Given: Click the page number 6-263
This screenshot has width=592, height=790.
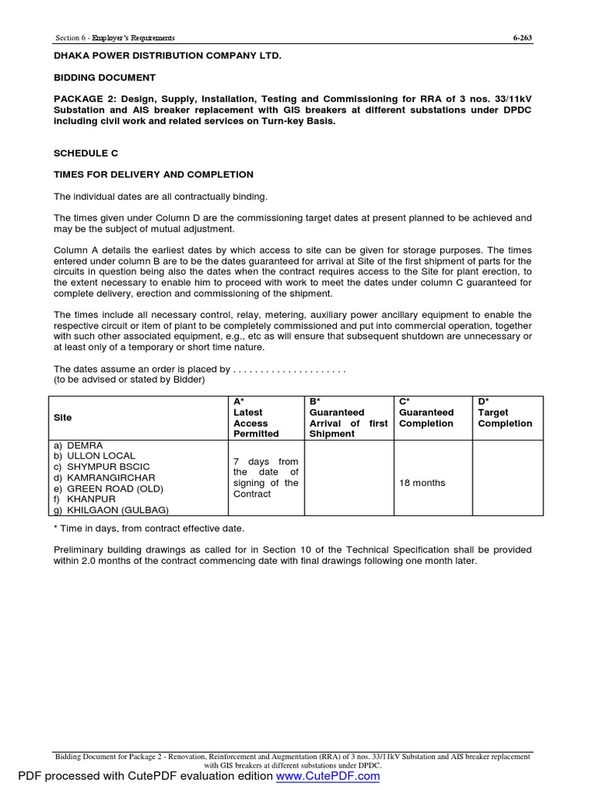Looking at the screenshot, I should tap(523, 38).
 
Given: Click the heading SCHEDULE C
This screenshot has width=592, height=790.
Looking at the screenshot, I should tap(86, 154).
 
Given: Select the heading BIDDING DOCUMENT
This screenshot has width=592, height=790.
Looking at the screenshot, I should tap(104, 78).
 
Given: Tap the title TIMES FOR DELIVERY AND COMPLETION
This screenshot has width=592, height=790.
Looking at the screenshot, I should tap(153, 175).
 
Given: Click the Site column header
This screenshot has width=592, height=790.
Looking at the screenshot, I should tap(62, 417).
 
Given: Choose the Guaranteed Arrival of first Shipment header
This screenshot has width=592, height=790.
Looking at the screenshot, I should tap(348, 417).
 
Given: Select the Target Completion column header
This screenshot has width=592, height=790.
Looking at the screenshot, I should tap(505, 417).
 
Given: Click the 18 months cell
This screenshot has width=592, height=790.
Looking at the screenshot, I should tap(422, 483).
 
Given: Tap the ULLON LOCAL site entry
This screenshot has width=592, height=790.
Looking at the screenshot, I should tap(96, 457).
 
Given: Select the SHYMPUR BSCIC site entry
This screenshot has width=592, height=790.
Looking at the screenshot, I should tap(102, 468).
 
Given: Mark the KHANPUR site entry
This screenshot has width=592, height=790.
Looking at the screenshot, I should tap(85, 499).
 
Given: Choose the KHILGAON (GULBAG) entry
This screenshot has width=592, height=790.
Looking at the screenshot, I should tap(111, 510).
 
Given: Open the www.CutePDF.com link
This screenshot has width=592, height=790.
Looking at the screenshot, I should tap(328, 776).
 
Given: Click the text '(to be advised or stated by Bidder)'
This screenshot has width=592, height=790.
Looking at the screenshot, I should tap(129, 380).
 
